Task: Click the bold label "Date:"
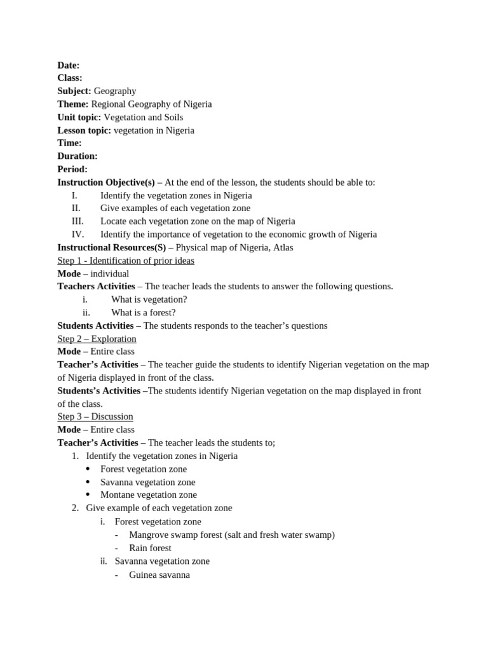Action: pos(69,65)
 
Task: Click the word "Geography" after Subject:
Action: pos(115,91)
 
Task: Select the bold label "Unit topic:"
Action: pos(79,117)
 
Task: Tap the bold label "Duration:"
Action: pos(78,156)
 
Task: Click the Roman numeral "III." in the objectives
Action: pos(77,221)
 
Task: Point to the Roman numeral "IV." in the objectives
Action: pos(78,234)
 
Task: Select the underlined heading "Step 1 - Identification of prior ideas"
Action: pos(126,261)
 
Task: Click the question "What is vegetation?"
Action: pos(149,299)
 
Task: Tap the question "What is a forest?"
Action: pos(144,312)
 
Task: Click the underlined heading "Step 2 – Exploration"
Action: pos(97,339)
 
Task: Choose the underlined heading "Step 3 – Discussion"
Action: pos(95,416)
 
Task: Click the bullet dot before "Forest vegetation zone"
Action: pos(88,469)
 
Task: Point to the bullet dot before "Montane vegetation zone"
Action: pos(88,495)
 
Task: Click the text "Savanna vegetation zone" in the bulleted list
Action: pos(148,482)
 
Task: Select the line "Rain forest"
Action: pos(150,547)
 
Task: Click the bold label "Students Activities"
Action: pos(95,325)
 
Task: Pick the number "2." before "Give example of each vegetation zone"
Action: pos(75,508)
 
